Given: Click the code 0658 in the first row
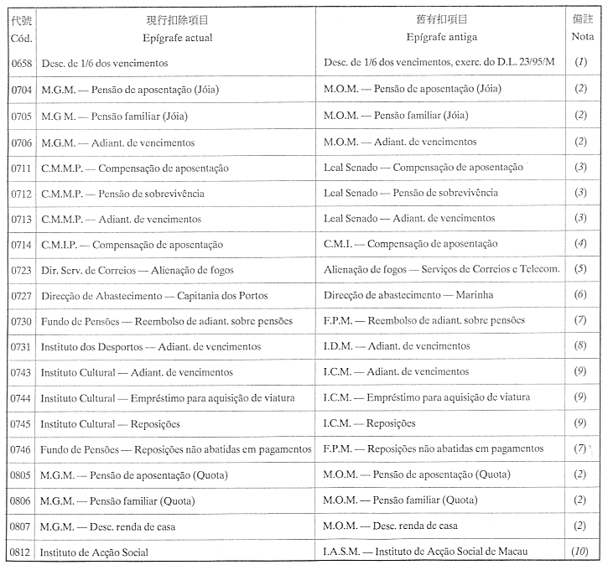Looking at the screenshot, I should click(x=20, y=63).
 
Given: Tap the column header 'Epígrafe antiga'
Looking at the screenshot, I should click(x=437, y=38).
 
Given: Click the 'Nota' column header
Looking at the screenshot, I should click(x=582, y=38).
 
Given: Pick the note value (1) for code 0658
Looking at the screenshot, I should click(x=581, y=63).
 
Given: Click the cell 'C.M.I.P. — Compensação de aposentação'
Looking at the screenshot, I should click(x=132, y=244).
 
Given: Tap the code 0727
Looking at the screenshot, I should click(x=21, y=295).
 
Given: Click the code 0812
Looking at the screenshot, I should click(x=21, y=552).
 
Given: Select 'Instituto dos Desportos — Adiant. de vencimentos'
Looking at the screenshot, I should click(x=150, y=346).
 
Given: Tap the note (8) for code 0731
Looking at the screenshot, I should click(x=581, y=346).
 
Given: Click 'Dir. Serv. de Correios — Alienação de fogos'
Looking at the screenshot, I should click(x=137, y=270).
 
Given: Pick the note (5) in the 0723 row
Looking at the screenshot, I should click(x=581, y=269).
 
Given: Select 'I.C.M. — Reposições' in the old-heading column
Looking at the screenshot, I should click(x=369, y=423).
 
